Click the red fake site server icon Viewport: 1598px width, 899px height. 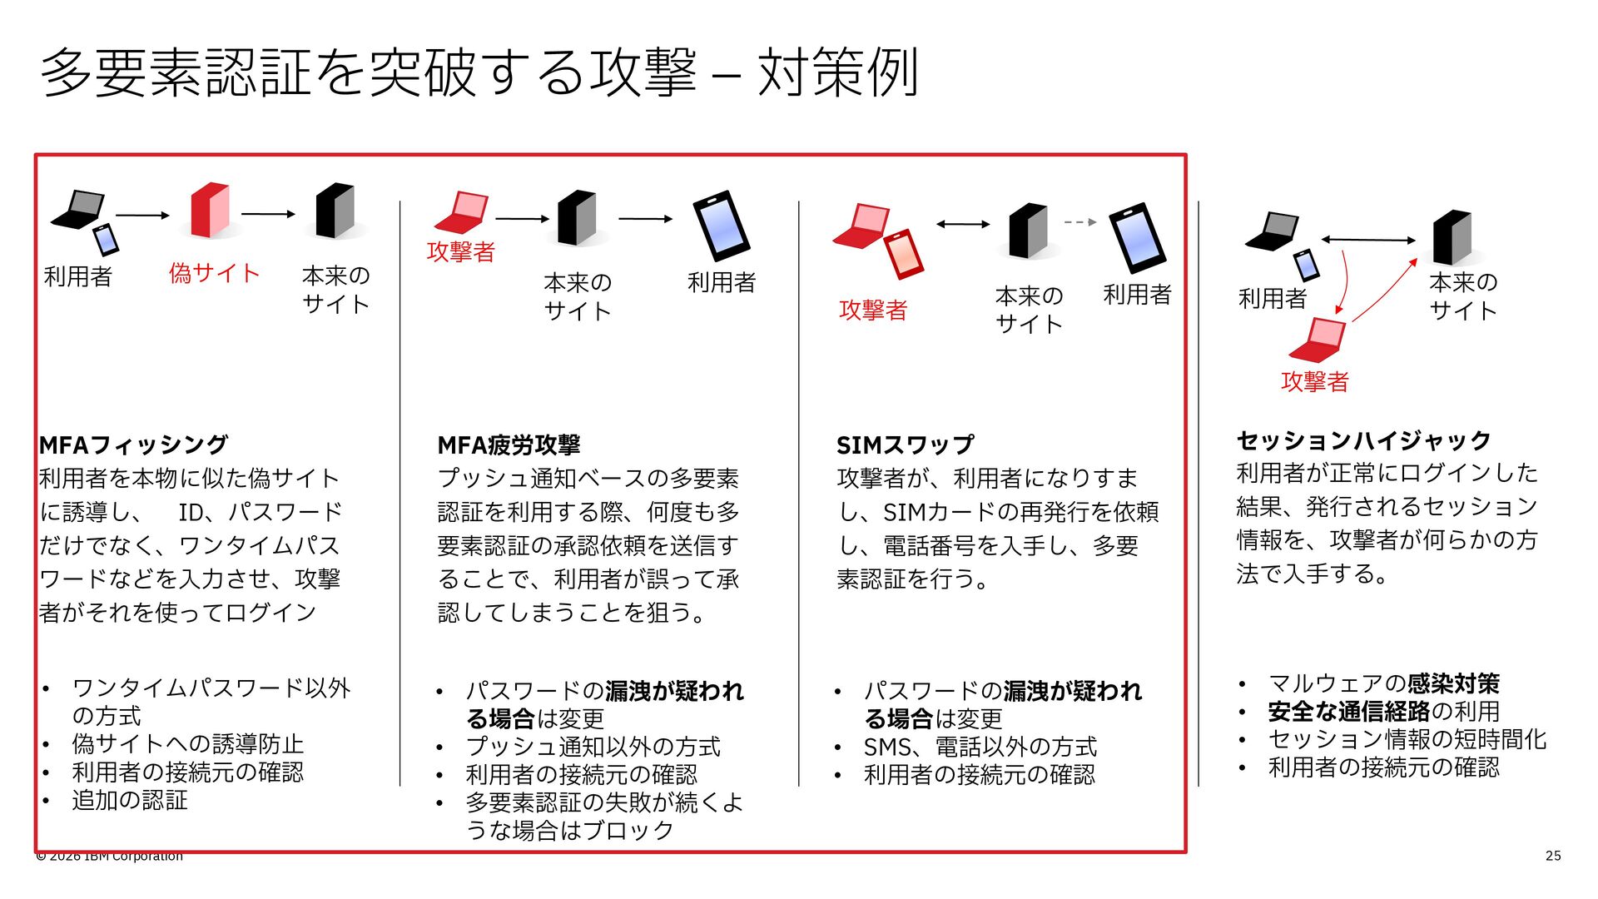[210, 211]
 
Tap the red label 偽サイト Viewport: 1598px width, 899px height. [215, 273]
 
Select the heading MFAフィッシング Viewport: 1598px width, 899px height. [133, 445]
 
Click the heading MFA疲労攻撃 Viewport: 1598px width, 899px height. [509, 445]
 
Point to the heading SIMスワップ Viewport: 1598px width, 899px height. [905, 445]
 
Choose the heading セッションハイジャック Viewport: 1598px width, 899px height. [1363, 440]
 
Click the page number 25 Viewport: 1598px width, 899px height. [1553, 856]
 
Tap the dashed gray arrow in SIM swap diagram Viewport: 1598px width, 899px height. [1080, 222]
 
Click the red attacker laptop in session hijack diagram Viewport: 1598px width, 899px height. [1318, 340]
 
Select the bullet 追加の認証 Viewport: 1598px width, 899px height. [130, 800]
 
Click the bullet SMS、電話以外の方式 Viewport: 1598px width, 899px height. [980, 747]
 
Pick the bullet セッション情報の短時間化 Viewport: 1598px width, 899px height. [1407, 739]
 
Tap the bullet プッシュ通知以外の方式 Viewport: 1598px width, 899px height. [593, 747]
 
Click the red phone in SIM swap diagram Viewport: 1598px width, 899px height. [904, 254]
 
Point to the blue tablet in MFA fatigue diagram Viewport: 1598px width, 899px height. [722, 226]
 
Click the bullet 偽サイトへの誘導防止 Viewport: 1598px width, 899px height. [188, 743]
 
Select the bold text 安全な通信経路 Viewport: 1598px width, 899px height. [1349, 712]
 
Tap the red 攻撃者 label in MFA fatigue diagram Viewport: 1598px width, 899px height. [461, 251]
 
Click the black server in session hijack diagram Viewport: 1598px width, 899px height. [1452, 237]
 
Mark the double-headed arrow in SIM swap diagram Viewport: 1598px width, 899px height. [963, 224]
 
